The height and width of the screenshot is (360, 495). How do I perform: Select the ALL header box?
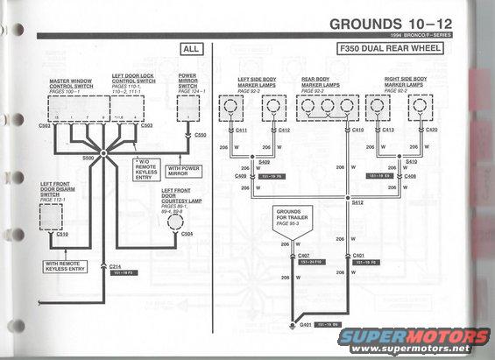pos(189,51)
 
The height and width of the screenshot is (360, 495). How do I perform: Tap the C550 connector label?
pos(201,136)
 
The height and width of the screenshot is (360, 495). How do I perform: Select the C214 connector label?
pos(116,264)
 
